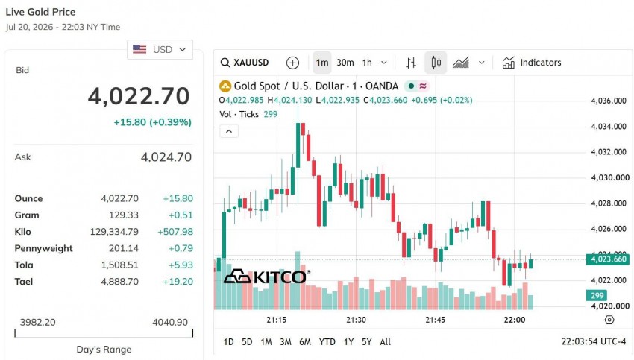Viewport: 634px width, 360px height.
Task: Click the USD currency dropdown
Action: pos(160,50)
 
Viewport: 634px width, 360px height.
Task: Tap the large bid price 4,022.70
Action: pos(139,96)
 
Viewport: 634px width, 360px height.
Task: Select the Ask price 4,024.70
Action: pos(166,157)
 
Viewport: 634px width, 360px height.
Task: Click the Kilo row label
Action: pos(22,232)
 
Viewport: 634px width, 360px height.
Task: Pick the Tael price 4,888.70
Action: pos(119,282)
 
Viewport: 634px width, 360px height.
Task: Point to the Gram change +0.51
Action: pos(181,215)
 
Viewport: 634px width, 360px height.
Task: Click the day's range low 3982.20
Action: pos(37,323)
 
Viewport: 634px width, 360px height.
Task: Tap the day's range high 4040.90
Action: pos(170,323)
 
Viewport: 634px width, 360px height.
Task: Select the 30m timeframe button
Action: pos(345,63)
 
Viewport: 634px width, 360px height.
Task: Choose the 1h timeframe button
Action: pos(367,63)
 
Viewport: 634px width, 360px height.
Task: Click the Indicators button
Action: pos(532,63)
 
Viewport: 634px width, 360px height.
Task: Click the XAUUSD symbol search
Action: pos(245,63)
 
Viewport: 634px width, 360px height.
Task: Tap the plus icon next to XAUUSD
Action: pos(292,63)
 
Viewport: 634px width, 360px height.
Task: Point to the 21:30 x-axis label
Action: pos(356,320)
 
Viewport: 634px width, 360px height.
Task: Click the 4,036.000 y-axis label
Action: pos(609,101)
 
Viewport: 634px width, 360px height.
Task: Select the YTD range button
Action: pos(327,342)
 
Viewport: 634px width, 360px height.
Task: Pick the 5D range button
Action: pos(247,342)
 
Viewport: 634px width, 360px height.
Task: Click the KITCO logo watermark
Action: pos(267,277)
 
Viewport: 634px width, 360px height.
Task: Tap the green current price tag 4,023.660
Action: pos(608,259)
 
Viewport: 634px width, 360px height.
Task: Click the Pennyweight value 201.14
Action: pos(124,248)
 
